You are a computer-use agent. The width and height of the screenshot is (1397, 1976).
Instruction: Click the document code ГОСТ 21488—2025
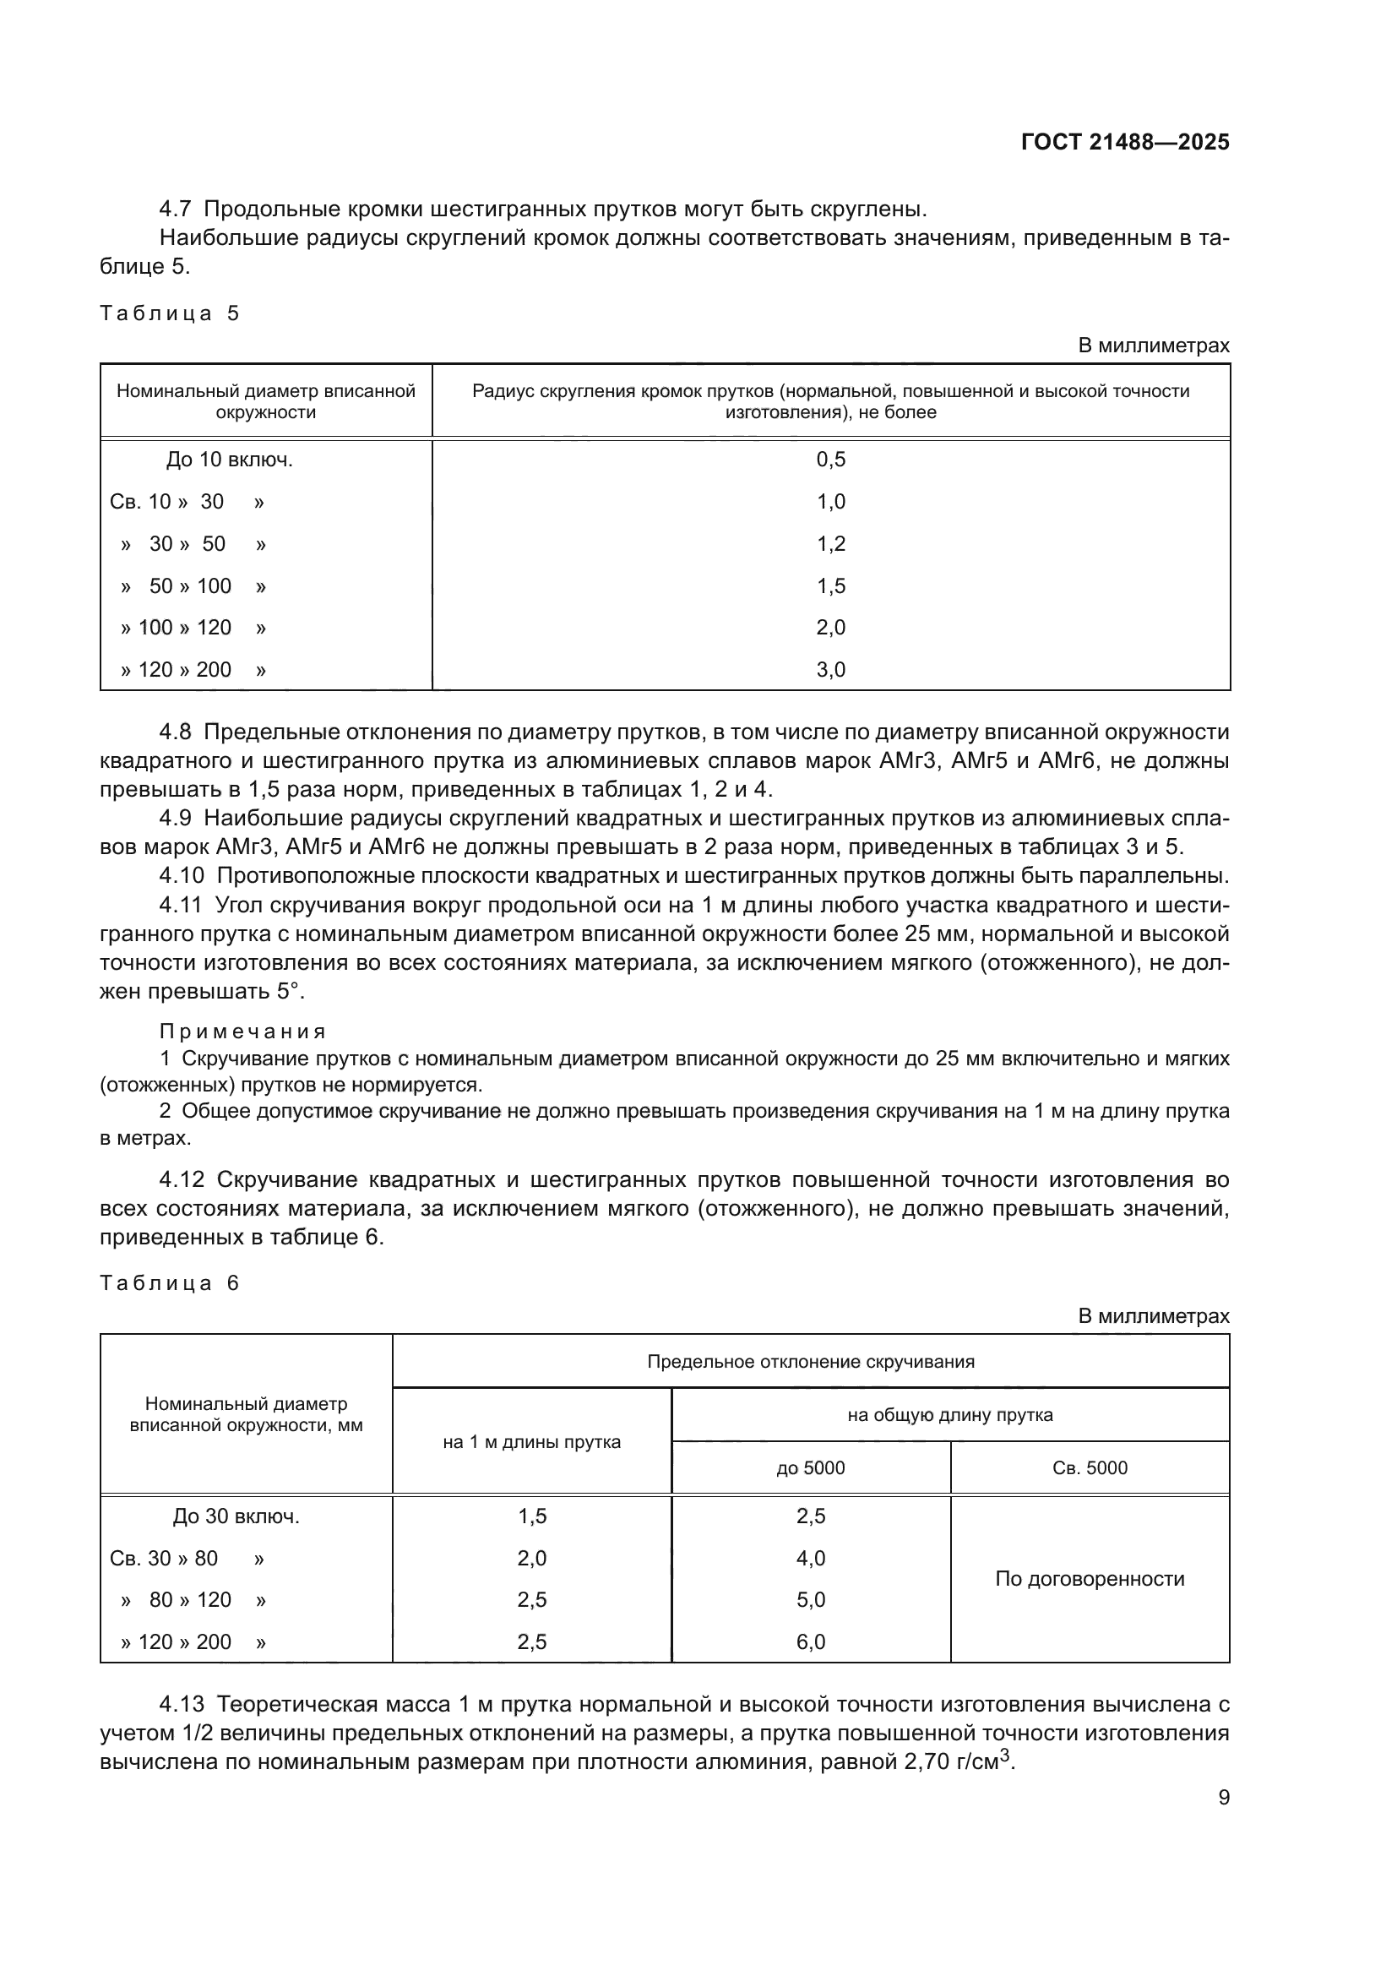[1124, 143]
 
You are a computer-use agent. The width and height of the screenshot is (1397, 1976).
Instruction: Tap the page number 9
[1223, 1797]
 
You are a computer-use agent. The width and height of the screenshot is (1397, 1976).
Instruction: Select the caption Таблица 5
[169, 313]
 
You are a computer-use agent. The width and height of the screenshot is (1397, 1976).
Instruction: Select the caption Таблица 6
[169, 1283]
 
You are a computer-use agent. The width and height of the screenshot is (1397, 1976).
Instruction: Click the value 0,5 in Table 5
[830, 460]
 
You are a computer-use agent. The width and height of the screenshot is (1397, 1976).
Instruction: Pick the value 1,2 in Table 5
[830, 544]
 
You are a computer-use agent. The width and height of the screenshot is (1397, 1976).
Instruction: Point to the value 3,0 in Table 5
[830, 670]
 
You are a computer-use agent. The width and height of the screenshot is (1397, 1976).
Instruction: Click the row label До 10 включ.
[229, 460]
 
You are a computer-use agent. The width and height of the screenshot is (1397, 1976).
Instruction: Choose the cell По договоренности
[1089, 1578]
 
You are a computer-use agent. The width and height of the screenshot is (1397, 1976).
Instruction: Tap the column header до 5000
[810, 1467]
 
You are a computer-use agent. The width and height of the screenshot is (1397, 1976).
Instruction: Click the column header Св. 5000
[1089, 1467]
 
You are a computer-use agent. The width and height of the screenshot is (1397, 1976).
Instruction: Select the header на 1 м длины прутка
[531, 1441]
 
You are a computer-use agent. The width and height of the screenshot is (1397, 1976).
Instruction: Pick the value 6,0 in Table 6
[810, 1641]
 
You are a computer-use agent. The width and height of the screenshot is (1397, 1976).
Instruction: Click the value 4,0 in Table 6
[810, 1558]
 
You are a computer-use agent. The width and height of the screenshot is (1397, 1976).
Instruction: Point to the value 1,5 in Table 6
[531, 1516]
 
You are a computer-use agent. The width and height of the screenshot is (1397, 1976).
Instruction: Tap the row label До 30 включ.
[236, 1516]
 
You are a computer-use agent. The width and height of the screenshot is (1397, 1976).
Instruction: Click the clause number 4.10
[182, 876]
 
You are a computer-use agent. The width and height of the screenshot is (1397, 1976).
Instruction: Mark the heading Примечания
[242, 1032]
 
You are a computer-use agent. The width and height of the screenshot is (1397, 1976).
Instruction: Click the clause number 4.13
[182, 1704]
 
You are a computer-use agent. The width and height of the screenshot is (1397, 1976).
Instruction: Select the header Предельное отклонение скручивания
[810, 1362]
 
